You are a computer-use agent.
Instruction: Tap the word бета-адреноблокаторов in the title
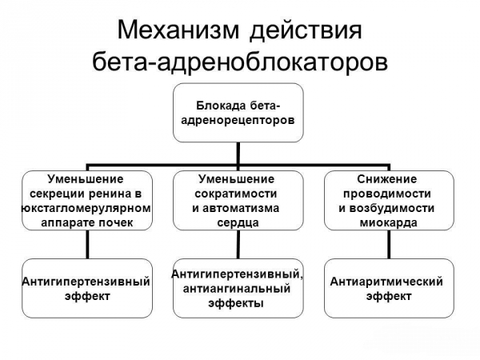(x=240, y=62)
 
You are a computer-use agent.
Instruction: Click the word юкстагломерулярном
(x=85, y=208)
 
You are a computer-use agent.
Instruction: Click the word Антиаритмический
(x=387, y=282)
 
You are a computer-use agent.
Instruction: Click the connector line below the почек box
(x=86, y=245)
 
